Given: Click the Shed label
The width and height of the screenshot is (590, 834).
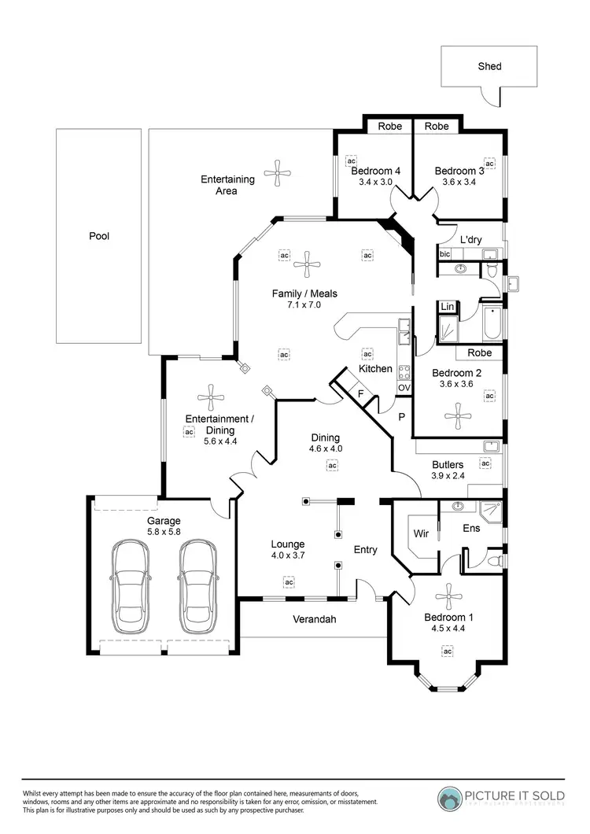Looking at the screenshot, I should click(x=489, y=66).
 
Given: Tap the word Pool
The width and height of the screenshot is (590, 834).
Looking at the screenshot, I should click(x=98, y=235).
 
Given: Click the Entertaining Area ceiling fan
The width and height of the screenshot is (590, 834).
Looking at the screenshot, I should click(x=277, y=173).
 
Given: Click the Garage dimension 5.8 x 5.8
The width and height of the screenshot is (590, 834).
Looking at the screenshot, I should click(x=164, y=533).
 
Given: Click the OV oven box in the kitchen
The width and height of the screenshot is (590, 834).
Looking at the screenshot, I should click(x=404, y=388).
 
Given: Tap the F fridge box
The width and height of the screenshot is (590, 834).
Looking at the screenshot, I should click(x=360, y=392).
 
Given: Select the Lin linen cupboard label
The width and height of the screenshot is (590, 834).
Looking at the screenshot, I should click(x=447, y=306).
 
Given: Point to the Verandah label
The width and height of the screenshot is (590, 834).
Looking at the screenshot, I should click(x=315, y=619).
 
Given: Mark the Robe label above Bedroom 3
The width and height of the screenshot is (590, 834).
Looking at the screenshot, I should click(x=437, y=126).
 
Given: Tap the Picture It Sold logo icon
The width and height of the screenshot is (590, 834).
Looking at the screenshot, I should click(x=452, y=799).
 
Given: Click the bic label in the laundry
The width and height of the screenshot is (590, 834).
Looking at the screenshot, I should click(x=444, y=253).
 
